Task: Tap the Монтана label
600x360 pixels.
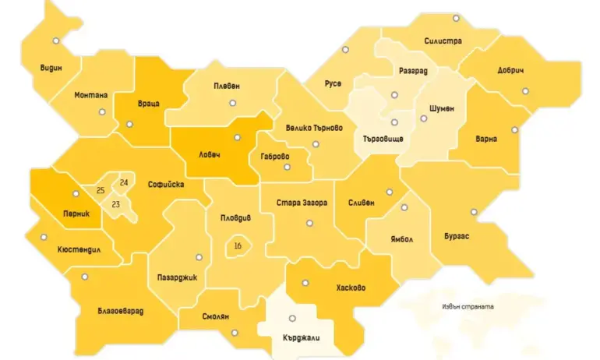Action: click(x=91, y=95)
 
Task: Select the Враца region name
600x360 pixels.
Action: click(x=148, y=104)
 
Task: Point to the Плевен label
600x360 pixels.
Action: click(x=227, y=86)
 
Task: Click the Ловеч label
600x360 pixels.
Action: click(x=208, y=154)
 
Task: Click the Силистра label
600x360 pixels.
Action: click(x=443, y=41)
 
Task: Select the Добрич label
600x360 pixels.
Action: click(x=510, y=70)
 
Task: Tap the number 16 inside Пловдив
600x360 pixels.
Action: click(x=238, y=246)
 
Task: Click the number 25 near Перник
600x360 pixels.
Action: click(x=101, y=190)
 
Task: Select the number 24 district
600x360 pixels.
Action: click(x=123, y=182)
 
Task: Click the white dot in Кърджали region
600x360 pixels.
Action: click(x=292, y=318)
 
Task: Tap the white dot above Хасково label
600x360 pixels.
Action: click(x=305, y=283)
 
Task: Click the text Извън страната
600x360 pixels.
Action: click(x=467, y=306)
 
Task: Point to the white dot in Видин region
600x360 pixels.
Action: click(x=55, y=41)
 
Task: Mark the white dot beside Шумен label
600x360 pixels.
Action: click(x=424, y=118)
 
